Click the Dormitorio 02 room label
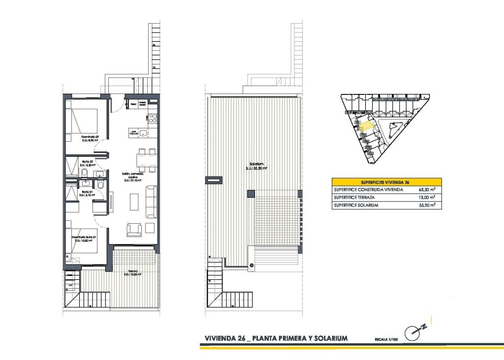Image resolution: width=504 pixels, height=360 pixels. tap(90, 138)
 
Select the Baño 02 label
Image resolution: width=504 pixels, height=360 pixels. tap(86, 163)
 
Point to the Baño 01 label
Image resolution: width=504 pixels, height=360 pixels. tap(86, 193)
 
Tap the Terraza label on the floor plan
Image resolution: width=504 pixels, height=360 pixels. tap(133, 272)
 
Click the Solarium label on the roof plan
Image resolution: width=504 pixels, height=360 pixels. tap(256, 166)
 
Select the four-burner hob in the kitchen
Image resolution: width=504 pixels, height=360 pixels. tap(153, 118)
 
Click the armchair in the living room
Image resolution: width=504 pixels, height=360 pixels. tap(134, 229)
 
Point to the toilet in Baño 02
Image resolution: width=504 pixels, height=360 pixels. tap(85, 173)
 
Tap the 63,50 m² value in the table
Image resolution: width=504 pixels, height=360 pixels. tap(426, 189)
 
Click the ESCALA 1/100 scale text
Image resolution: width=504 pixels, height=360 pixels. tap(386, 339)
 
